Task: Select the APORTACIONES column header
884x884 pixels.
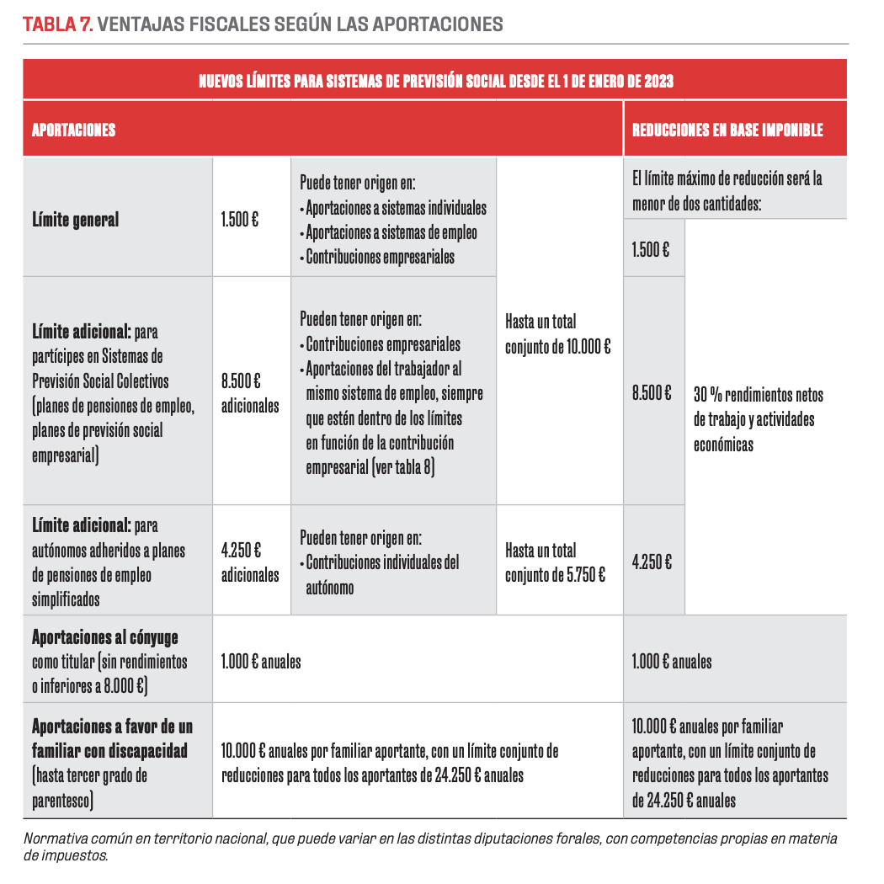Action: point(73,130)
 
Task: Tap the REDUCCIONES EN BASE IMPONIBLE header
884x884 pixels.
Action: point(727,130)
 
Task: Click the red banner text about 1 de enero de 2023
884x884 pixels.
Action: point(435,82)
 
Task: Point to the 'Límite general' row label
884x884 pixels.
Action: point(76,220)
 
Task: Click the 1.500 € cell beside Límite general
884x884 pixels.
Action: point(240,220)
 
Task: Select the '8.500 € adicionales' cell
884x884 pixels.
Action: point(250,393)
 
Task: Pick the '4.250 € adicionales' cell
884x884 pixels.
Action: point(250,563)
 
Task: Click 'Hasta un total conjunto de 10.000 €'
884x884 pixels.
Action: point(557,333)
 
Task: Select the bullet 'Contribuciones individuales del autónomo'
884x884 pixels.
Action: point(383,575)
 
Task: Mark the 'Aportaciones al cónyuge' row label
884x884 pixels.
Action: point(104,636)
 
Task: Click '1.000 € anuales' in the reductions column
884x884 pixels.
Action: point(671,661)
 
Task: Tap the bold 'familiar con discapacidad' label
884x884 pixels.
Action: point(109,749)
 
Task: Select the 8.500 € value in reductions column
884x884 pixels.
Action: point(652,392)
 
